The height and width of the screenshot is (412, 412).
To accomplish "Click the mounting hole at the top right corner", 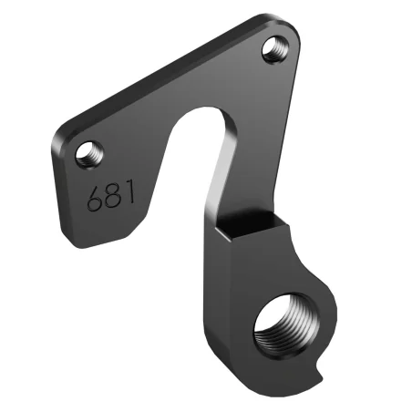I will point(273,48).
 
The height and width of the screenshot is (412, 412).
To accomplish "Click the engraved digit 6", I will point(94,198).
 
